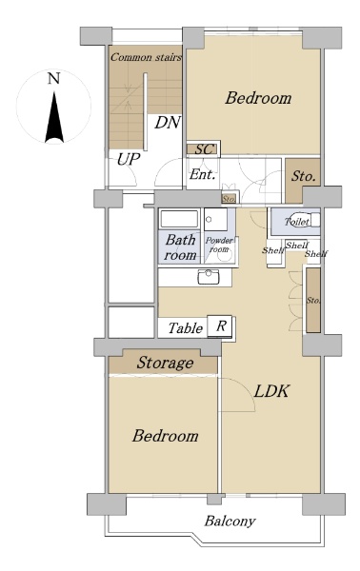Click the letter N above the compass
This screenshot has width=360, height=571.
pos(54,78)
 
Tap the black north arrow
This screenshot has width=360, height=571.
pos(54,117)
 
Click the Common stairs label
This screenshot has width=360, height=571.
pos(146,57)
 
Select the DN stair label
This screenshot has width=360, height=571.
pos(168,123)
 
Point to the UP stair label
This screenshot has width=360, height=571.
pos(129,159)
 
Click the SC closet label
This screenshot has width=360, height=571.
pos(204,149)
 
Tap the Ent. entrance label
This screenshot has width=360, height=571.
pos(202,174)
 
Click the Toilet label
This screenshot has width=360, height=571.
pos(297,222)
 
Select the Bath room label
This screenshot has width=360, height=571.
pos(180,247)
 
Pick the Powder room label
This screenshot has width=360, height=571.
pos(219,245)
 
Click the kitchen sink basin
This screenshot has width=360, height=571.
pos(209,278)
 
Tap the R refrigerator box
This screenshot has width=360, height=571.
pos(220,325)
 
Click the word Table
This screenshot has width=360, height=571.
pos(186,328)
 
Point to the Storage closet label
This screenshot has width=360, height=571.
pos(165,363)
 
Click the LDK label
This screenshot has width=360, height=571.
pos(271,391)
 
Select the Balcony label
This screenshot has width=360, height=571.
pos(230,522)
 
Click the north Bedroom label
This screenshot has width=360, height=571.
pos(258,98)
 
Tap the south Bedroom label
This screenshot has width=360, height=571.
pos(165,436)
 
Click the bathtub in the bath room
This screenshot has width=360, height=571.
pos(179,219)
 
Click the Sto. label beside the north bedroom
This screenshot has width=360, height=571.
pos(303,177)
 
